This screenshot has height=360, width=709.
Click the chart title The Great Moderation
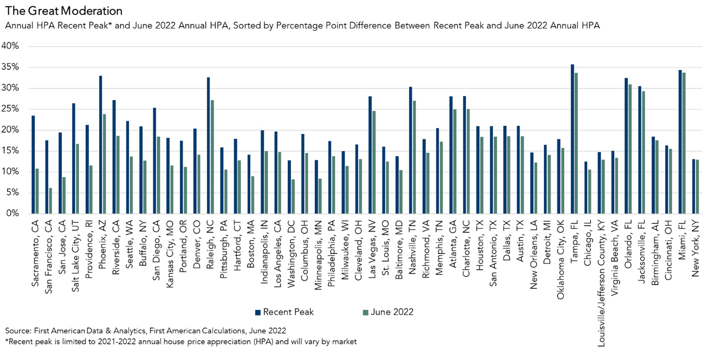click(x=64, y=11)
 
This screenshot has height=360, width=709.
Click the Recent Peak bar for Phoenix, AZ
click(x=101, y=145)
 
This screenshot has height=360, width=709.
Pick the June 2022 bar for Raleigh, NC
click(x=212, y=157)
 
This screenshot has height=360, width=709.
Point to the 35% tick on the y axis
click(x=10, y=67)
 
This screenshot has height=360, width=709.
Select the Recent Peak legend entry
click(x=284, y=312)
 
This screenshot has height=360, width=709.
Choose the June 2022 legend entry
click(x=388, y=312)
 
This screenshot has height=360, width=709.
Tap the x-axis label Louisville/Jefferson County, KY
click(x=601, y=283)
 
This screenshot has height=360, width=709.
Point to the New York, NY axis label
click(x=695, y=248)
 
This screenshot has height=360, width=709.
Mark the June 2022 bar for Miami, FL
click(x=684, y=143)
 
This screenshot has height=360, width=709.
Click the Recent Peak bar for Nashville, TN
click(x=411, y=150)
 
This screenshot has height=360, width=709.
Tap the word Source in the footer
click(x=18, y=331)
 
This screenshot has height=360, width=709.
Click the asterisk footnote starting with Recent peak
click(x=181, y=342)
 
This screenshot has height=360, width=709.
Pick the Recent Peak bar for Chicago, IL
click(x=586, y=188)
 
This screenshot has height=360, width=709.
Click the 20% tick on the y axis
click(x=10, y=130)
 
